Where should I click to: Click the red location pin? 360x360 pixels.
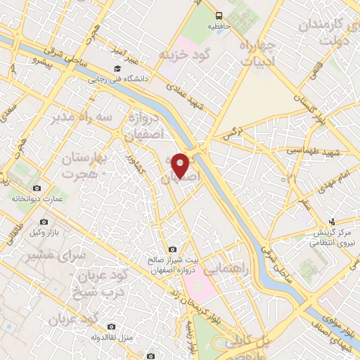click(180, 165)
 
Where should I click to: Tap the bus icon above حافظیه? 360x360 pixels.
click(219, 15)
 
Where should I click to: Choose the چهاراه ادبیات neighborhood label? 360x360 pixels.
click(260, 53)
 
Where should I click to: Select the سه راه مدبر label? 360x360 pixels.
click(80, 117)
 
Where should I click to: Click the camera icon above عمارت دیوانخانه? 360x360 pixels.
click(37, 188)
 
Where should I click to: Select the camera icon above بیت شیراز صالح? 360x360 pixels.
click(173, 249)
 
